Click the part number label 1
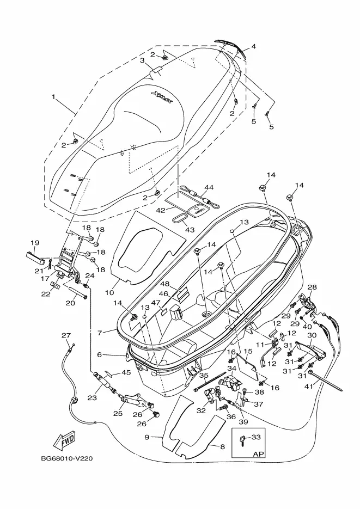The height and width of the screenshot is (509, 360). [x=54, y=97]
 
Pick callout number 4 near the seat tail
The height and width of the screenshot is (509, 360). [x=253, y=46]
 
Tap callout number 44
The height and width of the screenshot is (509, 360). [x=209, y=188]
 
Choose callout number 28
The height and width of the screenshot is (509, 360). [x=312, y=287]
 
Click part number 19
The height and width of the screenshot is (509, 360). [x=35, y=243]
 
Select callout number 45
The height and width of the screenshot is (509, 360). [x=126, y=373]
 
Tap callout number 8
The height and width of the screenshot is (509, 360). [x=222, y=446]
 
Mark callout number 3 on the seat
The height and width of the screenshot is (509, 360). [x=142, y=60]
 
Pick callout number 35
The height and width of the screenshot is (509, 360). [x=203, y=375]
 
